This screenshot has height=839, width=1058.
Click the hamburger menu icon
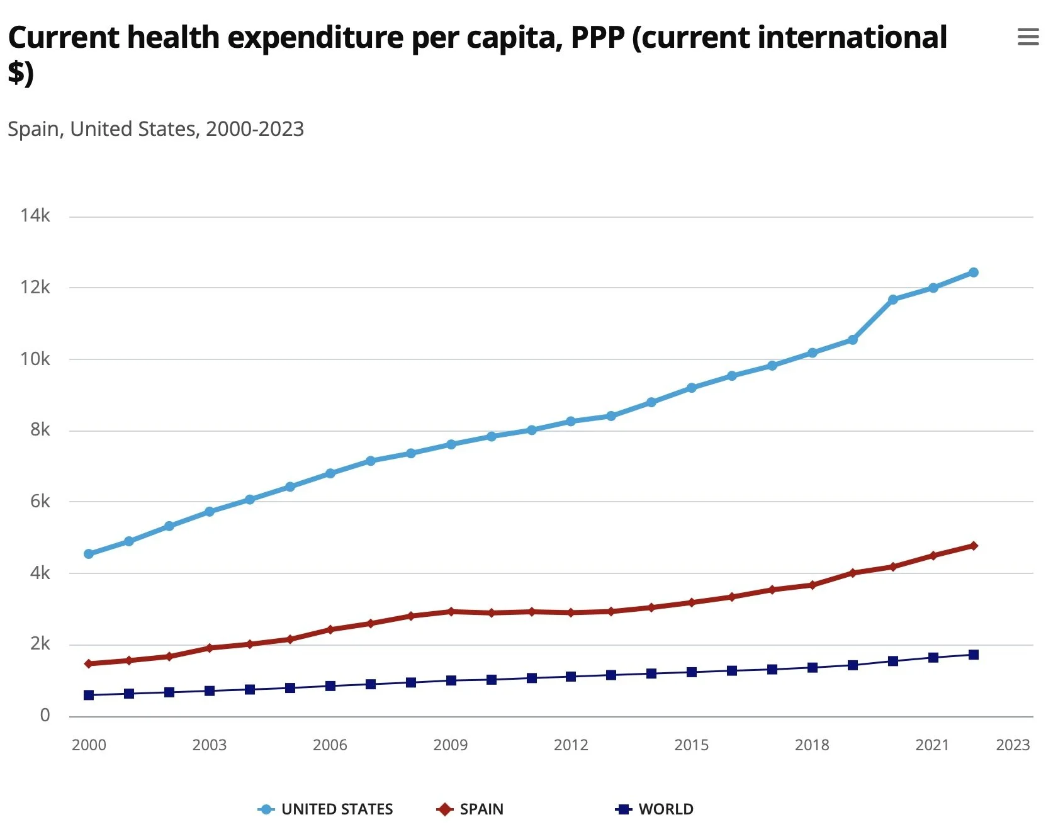pyautogui.click(x=1028, y=37)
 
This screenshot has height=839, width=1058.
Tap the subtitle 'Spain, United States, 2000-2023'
pyautogui.click(x=155, y=129)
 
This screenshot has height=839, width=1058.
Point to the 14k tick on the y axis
pyautogui.click(x=35, y=216)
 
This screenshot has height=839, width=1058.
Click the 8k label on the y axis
pyautogui.click(x=40, y=430)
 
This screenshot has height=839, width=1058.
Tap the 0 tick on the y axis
pyautogui.click(x=45, y=716)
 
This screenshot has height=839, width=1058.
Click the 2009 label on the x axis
pyautogui.click(x=451, y=745)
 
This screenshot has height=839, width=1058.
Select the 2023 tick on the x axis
pyautogui.click(x=1013, y=745)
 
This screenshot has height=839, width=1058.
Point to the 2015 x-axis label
pyautogui.click(x=691, y=745)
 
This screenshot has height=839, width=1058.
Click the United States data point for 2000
pyautogui.click(x=89, y=554)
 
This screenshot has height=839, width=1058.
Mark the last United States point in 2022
pyautogui.click(x=973, y=273)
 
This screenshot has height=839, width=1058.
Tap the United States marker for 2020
pyautogui.click(x=892, y=300)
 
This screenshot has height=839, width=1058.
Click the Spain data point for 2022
pyautogui.click(x=973, y=546)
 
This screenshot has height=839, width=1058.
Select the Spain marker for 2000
pyautogui.click(x=89, y=663)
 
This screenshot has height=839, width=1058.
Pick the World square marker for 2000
pyautogui.click(x=89, y=695)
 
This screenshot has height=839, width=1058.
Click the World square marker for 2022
pyautogui.click(x=973, y=655)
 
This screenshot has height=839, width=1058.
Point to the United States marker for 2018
pyautogui.click(x=812, y=353)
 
